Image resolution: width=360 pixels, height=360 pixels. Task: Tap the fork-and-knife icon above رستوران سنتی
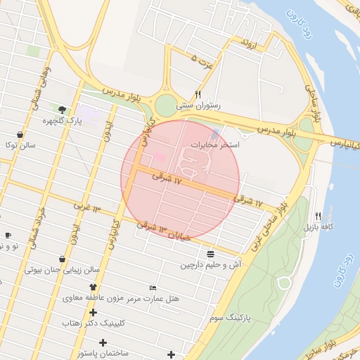198,94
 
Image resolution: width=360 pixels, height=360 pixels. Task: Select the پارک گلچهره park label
63,120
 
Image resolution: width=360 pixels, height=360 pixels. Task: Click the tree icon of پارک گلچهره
63,109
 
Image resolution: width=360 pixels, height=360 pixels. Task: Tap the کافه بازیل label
318,227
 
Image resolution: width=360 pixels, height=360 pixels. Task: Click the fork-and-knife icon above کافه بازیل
319,216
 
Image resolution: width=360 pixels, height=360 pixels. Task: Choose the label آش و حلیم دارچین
211,265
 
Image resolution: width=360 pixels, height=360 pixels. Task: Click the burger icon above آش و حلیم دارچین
211,254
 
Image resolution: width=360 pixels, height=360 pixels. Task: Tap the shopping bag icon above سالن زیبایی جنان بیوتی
63,259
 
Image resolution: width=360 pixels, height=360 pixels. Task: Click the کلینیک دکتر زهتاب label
93,323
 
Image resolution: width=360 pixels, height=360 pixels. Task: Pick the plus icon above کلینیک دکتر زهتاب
93,312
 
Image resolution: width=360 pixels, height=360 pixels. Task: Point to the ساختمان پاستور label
103,353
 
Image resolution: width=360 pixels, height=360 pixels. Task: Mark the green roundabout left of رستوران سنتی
165,105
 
